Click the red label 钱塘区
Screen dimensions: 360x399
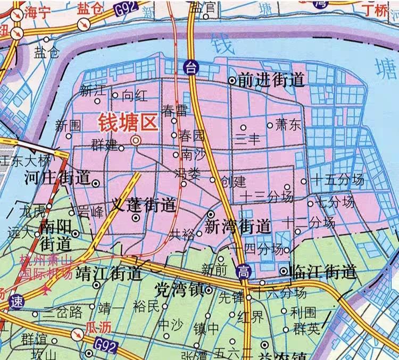tap(128, 123)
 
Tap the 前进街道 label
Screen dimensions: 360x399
tap(271, 80)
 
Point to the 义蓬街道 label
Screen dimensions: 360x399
tap(144, 204)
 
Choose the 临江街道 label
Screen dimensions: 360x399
tap(324, 271)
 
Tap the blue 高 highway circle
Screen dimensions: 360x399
tap(242, 272)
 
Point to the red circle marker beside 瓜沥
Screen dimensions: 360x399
tap(77, 334)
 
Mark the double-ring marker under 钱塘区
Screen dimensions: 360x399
tap(136, 140)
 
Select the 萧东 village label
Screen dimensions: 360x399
tap(288, 125)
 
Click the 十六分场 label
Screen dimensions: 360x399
tap(279, 293)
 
